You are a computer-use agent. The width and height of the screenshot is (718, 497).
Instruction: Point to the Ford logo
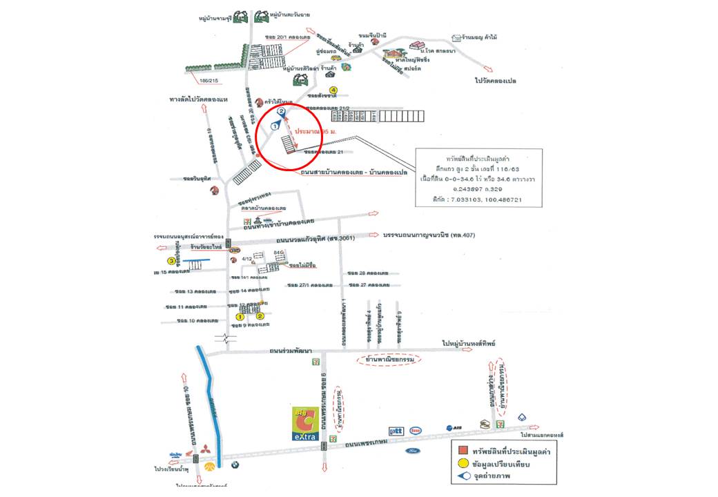[412, 451]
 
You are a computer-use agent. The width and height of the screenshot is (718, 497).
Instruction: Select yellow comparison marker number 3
[171, 261]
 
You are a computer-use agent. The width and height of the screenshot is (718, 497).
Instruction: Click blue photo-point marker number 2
[281, 111]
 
